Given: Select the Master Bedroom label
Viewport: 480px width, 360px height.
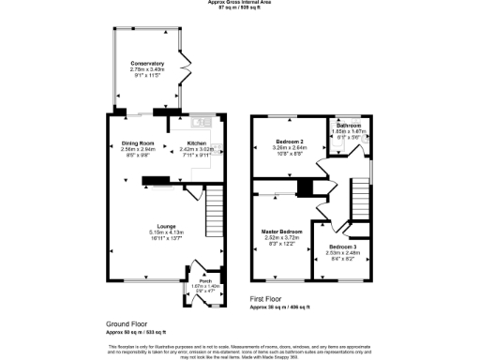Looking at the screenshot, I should pyautogui.click(x=281, y=231).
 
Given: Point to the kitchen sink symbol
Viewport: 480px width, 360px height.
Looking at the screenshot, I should pyautogui.click(x=200, y=120).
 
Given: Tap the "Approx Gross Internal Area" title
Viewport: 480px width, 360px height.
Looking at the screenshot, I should pyautogui.click(x=240, y=3).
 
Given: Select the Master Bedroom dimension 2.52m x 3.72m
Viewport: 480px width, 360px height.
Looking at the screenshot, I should pyautogui.click(x=281, y=237).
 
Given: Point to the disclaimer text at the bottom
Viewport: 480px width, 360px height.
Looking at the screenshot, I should pyautogui.click(x=240, y=349).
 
